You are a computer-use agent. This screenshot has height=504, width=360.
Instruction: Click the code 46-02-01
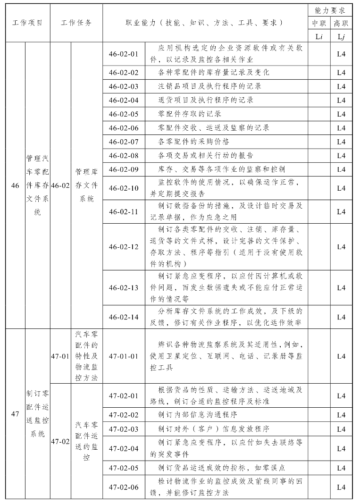tap(124, 53)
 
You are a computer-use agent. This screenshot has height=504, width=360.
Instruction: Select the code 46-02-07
tap(124, 142)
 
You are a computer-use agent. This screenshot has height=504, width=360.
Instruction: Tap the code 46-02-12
tap(124, 246)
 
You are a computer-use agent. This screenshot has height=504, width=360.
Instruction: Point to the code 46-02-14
tap(124, 317)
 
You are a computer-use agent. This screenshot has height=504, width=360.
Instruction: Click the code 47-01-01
tap(124, 356)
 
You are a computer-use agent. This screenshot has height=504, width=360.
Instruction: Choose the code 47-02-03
tap(124, 429)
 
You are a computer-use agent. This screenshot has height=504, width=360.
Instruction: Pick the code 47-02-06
tap(124, 487)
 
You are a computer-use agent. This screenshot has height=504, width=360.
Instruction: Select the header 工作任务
tap(76, 22)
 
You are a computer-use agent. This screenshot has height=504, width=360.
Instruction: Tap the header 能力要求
tap(330, 9)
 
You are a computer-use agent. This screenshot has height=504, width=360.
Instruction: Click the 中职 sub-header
tap(318, 23)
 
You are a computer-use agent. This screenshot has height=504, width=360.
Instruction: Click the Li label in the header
tap(318, 36)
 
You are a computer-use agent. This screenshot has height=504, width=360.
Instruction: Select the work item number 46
tap(15, 185)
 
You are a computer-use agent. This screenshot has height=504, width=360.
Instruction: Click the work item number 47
tap(15, 414)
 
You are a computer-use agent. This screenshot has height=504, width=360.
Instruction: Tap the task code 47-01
tap(60, 356)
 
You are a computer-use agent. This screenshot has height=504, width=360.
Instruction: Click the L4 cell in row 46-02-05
tap(341, 114)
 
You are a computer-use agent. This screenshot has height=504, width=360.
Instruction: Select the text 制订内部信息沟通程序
tap(198, 415)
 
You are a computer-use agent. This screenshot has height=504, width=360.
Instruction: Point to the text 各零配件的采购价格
tap(194, 142)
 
